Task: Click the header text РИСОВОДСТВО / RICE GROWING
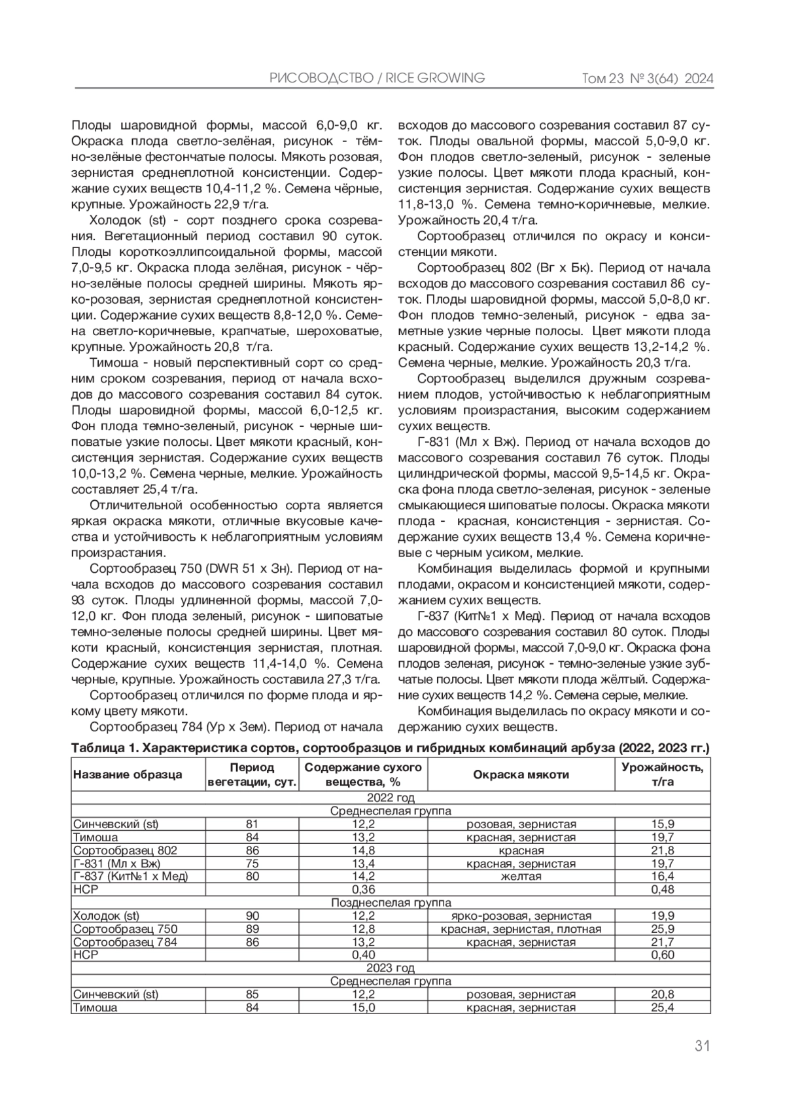[377, 78]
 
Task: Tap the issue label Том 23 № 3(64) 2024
[647, 79]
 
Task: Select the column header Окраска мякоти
[521, 774]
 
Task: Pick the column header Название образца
[128, 774]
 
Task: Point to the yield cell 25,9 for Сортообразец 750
[663, 929]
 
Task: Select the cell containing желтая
[521, 877]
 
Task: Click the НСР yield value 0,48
[663, 890]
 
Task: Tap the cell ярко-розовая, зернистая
[521, 916]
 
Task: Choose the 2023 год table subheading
[391, 968]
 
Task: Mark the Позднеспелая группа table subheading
[391, 903]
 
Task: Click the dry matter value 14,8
[363, 850]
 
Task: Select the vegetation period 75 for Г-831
[252, 864]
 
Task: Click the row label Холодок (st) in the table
[106, 916]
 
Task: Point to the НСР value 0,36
[363, 890]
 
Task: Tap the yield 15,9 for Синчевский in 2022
[663, 824]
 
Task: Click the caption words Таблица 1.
[103, 748]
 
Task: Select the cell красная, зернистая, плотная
[521, 929]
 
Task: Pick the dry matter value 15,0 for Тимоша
[363, 1008]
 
